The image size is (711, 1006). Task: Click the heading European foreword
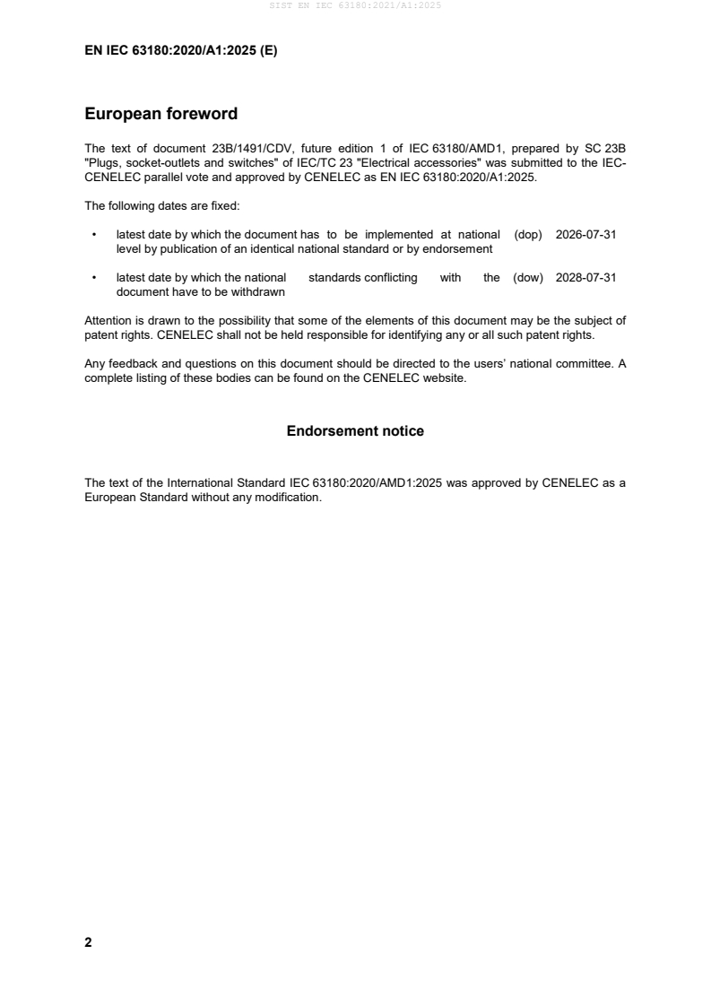pyautogui.click(x=160, y=114)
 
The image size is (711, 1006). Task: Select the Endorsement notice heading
pyautogui.click(x=355, y=431)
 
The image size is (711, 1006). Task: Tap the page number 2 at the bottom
pyautogui.click(x=88, y=942)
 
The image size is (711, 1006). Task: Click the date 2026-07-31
pyautogui.click(x=585, y=234)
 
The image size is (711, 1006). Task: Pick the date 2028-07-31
pyautogui.click(x=585, y=278)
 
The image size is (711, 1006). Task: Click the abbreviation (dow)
pyautogui.click(x=528, y=278)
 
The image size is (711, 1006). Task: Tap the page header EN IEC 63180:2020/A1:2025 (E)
pyautogui.click(x=180, y=51)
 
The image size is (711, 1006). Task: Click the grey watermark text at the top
pyautogui.click(x=355, y=5)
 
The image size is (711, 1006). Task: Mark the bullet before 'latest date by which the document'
pyautogui.click(x=94, y=235)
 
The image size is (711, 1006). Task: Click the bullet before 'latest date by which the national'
pyautogui.click(x=94, y=279)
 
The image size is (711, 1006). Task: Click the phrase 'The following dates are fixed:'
pyautogui.click(x=156, y=205)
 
